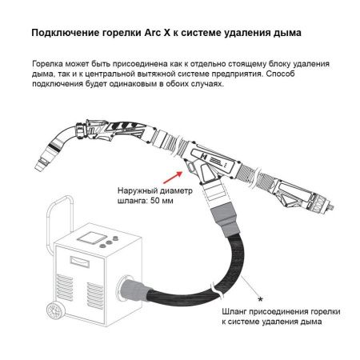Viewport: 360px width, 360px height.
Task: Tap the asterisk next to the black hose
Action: tap(260, 278)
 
